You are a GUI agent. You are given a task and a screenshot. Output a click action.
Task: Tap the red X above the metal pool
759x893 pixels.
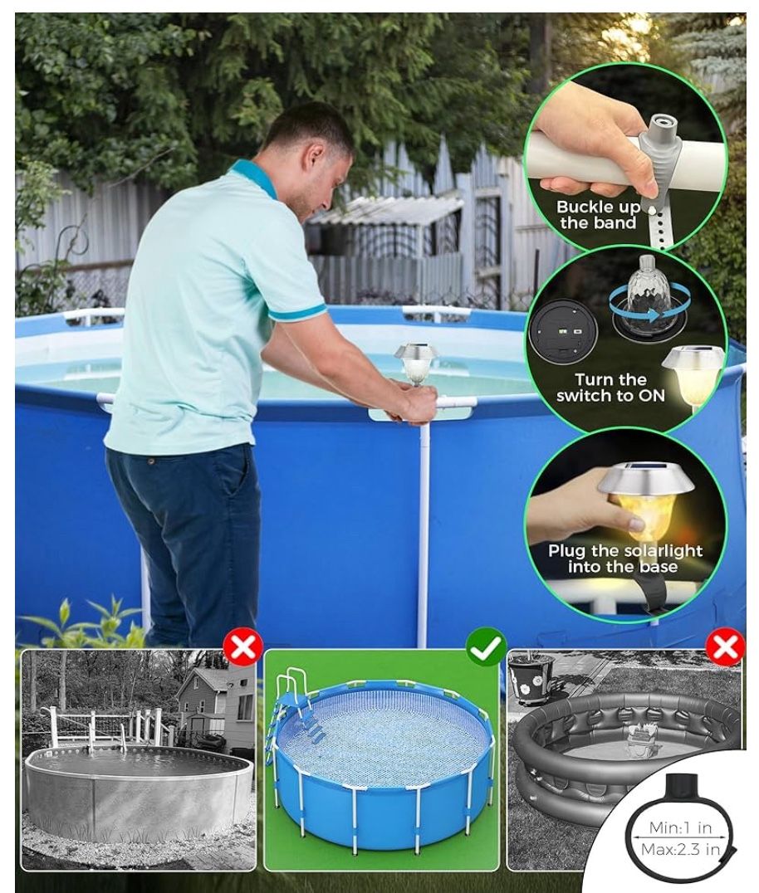point(243,647)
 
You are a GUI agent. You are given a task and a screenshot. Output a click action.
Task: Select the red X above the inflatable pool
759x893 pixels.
point(726,647)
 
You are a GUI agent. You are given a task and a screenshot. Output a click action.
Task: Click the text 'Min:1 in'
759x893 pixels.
point(680,827)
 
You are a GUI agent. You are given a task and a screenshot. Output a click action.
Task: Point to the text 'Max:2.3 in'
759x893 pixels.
point(680,850)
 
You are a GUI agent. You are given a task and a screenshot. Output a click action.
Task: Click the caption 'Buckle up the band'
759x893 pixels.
point(598,215)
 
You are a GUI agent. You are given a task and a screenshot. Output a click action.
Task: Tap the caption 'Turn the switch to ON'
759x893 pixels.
point(610,388)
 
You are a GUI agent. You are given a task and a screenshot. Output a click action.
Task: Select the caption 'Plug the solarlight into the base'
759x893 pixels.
point(625,558)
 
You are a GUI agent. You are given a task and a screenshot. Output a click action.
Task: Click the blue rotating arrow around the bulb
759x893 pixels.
point(649,305)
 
